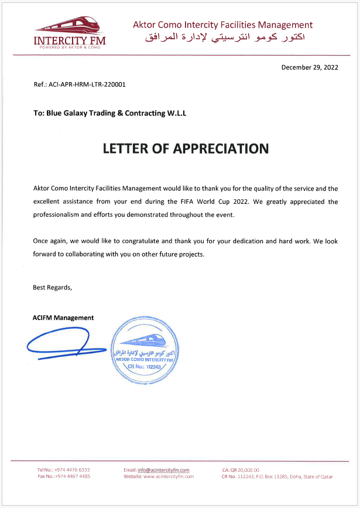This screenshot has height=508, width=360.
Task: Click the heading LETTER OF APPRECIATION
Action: click(x=186, y=148)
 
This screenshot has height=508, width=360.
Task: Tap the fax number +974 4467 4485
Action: click(x=73, y=476)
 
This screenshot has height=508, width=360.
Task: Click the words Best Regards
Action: click(x=52, y=287)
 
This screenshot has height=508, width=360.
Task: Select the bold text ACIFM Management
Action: click(x=63, y=318)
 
